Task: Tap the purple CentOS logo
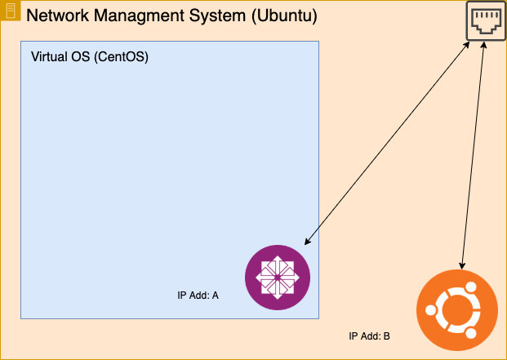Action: click(x=278, y=278)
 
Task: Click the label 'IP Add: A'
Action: click(x=198, y=296)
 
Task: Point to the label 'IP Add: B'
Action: click(x=369, y=336)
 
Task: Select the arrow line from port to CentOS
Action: click(x=388, y=143)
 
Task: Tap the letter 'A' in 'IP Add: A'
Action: click(x=215, y=296)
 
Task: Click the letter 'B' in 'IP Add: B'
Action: click(x=386, y=336)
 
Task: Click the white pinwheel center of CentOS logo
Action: click(x=278, y=278)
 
